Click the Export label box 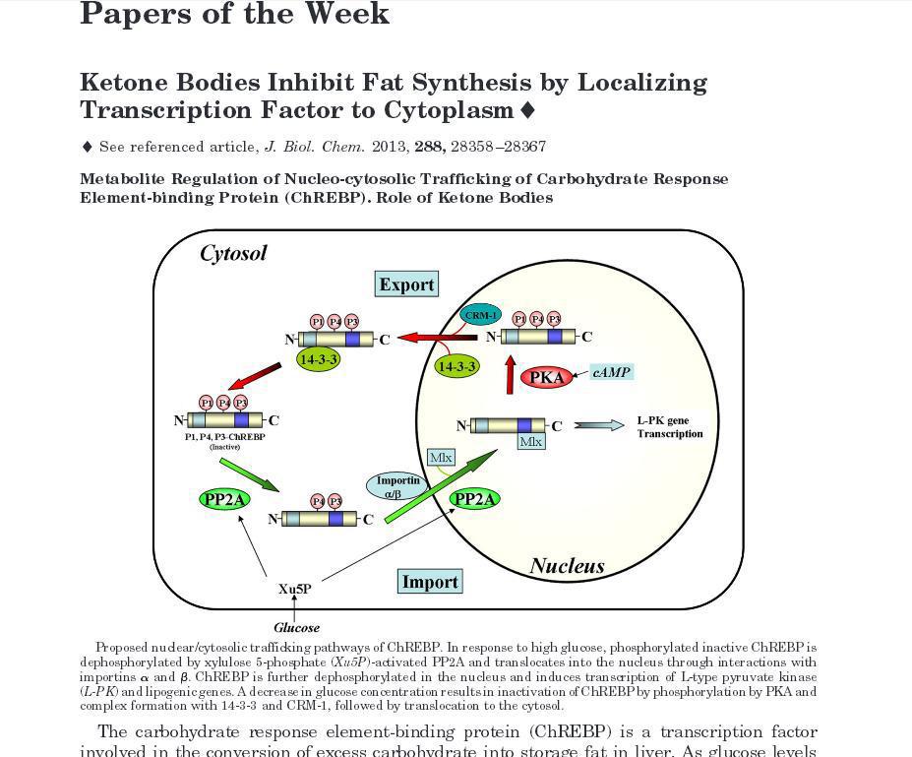406,284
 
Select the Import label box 430,582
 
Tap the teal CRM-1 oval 481,315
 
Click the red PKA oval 546,377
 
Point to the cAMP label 611,372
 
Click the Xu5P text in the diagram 294,589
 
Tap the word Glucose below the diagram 296,627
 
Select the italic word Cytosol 233,254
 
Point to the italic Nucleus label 567,566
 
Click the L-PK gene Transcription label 670,427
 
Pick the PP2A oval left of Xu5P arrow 224,500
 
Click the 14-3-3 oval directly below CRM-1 456,366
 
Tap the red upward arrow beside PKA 510,375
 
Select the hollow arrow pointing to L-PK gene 598,425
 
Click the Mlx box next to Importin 441,458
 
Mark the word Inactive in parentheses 224,447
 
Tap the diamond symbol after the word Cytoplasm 527,109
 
